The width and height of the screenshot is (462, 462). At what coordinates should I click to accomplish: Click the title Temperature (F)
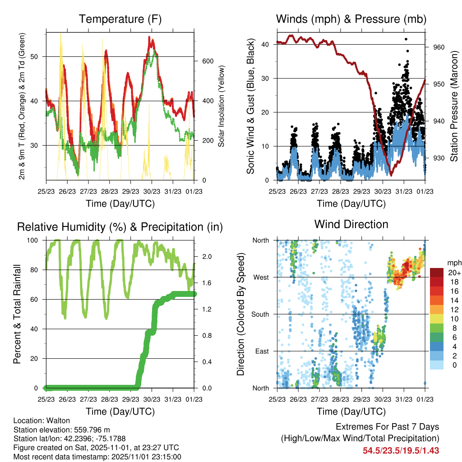(x=120, y=19)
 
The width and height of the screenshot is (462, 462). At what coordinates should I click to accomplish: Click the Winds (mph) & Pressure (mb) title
(x=351, y=19)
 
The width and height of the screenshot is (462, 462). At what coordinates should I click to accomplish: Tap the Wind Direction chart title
(x=351, y=224)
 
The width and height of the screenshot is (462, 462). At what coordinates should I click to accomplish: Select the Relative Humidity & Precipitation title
(x=120, y=227)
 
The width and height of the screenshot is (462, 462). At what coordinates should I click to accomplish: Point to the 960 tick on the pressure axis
(x=439, y=47)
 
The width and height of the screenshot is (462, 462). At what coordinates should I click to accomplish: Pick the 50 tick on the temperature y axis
(x=39, y=56)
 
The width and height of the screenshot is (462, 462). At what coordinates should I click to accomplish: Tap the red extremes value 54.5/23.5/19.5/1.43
(x=401, y=450)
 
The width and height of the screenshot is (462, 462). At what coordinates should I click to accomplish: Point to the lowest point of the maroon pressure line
(x=391, y=175)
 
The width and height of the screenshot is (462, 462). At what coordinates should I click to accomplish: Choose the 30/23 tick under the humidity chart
(x=152, y=399)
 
